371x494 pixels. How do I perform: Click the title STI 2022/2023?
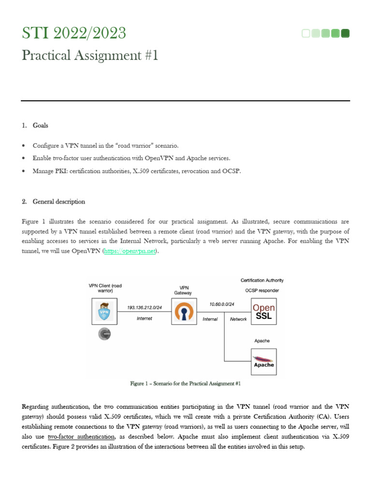(74, 33)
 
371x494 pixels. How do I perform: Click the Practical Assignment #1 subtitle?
(90, 55)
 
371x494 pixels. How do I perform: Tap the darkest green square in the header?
(345, 33)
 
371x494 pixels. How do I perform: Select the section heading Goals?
(40, 125)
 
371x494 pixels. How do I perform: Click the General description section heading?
(58, 201)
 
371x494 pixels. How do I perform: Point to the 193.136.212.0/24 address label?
(144, 307)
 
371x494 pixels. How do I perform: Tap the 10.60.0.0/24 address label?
(222, 304)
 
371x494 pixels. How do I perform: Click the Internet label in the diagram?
(144, 318)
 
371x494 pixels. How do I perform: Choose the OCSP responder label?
(262, 290)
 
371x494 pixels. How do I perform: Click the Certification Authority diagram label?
(262, 280)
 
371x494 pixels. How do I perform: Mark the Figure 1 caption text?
(185, 384)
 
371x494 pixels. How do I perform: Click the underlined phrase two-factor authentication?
(81, 436)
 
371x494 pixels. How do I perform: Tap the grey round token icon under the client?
(104, 334)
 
